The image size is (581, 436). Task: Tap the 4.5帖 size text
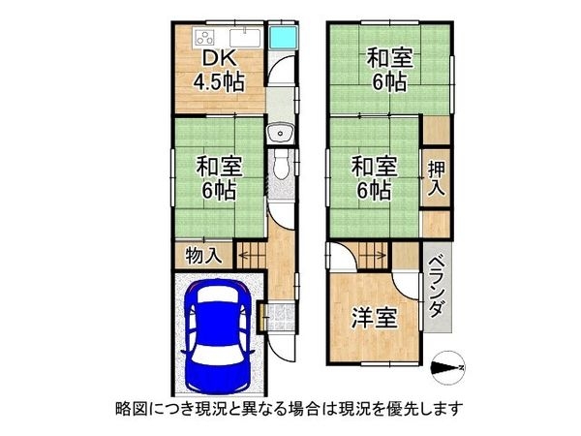pyautogui.click(x=220, y=82)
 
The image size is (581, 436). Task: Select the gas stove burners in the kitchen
pyautogui.click(x=206, y=39)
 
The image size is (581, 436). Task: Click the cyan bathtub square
pyautogui.click(x=282, y=39)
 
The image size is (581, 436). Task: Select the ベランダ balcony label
pyautogui.click(x=437, y=291)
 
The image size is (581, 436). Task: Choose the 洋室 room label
pyautogui.click(x=372, y=319)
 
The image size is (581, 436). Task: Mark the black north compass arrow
pyautogui.click(x=447, y=367)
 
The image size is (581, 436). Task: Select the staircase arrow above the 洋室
pyautogui.click(x=370, y=257)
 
